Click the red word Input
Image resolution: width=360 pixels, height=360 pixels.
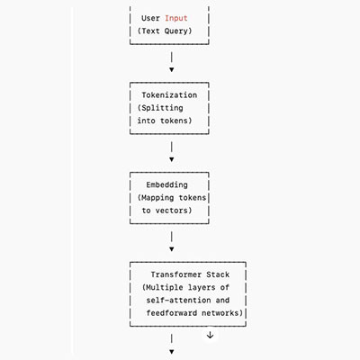pyautogui.click(x=176, y=18)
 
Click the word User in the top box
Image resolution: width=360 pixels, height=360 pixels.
pyautogui.click(x=150, y=18)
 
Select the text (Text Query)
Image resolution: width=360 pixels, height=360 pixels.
pyautogui.click(x=165, y=31)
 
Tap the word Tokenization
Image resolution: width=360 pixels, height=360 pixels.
pyautogui.click(x=169, y=95)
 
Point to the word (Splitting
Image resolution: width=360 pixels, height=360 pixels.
pyautogui.click(x=160, y=108)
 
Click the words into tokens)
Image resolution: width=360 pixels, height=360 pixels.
pyautogui.click(x=165, y=121)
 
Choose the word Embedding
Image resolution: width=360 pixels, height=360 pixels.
pyautogui.click(x=167, y=185)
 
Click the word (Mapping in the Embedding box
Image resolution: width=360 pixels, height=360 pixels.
pyautogui.click(x=156, y=198)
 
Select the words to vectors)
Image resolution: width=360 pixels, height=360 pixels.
pyautogui.click(x=166, y=211)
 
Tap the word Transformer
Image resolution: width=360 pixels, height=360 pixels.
pyautogui.click(x=172, y=274)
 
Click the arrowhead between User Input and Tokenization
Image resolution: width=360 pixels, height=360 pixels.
pyautogui.click(x=172, y=69)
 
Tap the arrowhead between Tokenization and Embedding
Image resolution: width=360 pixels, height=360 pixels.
pyautogui.click(x=172, y=159)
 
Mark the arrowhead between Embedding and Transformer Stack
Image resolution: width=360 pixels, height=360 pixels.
pyautogui.click(x=172, y=249)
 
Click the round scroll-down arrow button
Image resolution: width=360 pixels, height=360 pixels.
pyautogui.click(x=210, y=335)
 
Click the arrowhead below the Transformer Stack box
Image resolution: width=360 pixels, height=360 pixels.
pyautogui.click(x=172, y=352)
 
